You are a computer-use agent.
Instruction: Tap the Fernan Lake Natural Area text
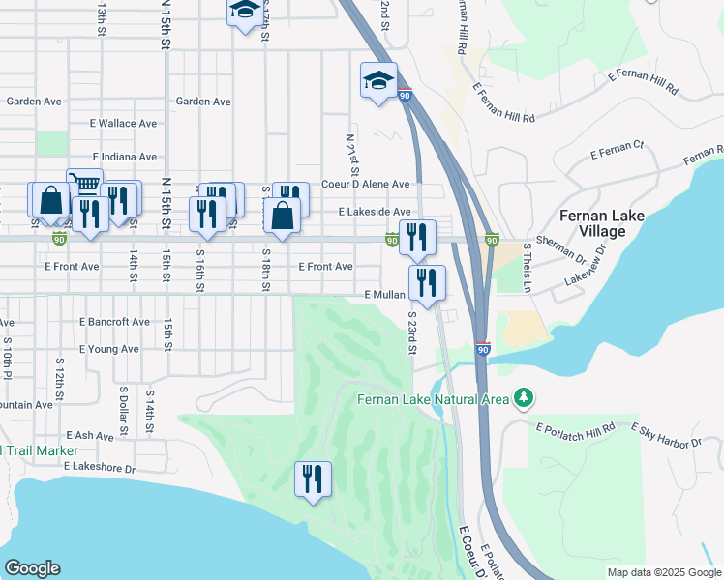tap(434, 398)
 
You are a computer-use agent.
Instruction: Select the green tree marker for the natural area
tap(524, 398)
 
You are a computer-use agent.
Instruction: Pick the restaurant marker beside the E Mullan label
tap(427, 282)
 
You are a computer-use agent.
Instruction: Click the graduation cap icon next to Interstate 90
tap(378, 80)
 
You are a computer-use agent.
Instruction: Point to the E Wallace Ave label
tap(123, 124)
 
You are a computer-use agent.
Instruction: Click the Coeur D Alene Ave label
tap(366, 184)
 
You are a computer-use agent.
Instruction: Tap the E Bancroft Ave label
tap(114, 322)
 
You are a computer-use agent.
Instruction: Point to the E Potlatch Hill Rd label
tap(575, 427)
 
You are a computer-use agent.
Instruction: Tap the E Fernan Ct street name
tap(617, 151)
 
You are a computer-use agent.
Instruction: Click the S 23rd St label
tap(412, 332)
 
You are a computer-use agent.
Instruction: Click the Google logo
tap(32, 568)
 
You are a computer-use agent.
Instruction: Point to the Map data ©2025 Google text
tap(663, 572)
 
